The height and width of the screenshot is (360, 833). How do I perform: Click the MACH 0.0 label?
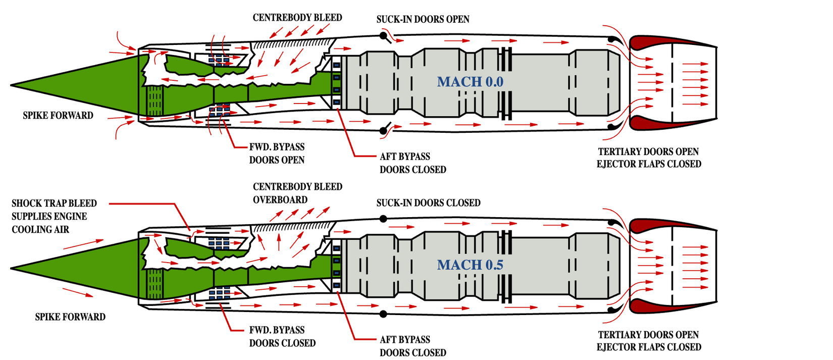pyautogui.click(x=470, y=82)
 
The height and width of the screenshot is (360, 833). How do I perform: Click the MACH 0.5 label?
pyautogui.click(x=470, y=265)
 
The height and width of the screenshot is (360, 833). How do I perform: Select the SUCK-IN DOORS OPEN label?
pyautogui.click(x=423, y=19)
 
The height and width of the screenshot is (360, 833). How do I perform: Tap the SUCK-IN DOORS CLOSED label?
pyautogui.click(x=428, y=203)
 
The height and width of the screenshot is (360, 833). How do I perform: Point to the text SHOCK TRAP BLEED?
pyautogui.click(x=54, y=203)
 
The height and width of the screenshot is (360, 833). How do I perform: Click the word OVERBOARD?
pyautogui.click(x=280, y=200)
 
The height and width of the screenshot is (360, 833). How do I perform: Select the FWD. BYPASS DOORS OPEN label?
pyautogui.click(x=277, y=153)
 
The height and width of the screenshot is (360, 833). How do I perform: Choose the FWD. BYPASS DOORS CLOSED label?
pyautogui.click(x=282, y=337)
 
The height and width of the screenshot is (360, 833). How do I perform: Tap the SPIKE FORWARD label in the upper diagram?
pyautogui.click(x=58, y=116)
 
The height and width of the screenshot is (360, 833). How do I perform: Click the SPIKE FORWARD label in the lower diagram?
pyautogui.click(x=70, y=317)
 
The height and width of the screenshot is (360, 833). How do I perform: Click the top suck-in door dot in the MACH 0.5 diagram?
pyautogui.click(x=383, y=219)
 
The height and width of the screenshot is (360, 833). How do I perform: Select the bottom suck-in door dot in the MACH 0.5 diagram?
pyautogui.click(x=383, y=314)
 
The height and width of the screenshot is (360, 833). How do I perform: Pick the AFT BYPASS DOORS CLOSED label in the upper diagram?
pyautogui.click(x=412, y=163)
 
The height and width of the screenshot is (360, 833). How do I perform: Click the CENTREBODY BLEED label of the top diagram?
pyautogui.click(x=297, y=18)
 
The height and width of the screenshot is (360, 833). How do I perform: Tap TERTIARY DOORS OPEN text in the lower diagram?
pyautogui.click(x=648, y=335)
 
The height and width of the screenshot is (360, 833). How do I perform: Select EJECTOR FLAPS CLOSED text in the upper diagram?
pyautogui.click(x=649, y=164)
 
